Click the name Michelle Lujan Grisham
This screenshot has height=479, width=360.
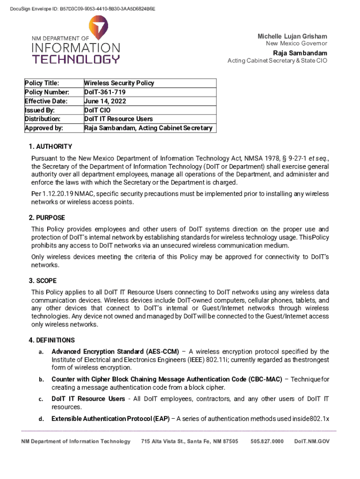[x=292, y=36]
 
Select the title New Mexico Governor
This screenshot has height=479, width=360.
[x=296, y=44]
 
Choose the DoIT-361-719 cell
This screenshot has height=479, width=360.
[x=102, y=92]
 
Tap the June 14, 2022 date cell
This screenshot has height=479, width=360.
[x=105, y=101]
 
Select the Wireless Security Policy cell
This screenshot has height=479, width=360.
[x=119, y=83]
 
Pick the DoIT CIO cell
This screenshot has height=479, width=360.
[x=97, y=110]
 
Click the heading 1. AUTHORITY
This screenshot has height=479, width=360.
[x=50, y=146]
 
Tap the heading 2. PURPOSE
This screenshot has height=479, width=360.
[x=47, y=218]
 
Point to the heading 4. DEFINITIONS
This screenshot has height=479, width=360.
[x=51, y=340]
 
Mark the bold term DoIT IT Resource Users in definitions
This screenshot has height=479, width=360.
[x=88, y=399]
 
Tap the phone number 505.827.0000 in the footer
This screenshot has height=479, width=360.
[x=267, y=441]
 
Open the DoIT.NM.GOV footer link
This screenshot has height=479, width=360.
[x=312, y=441]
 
